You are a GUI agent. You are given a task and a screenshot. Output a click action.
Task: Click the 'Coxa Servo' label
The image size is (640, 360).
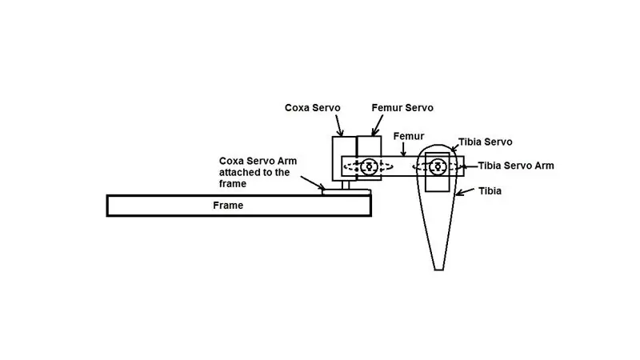(x=312, y=108)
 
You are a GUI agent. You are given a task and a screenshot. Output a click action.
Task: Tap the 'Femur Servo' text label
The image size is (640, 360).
(x=402, y=108)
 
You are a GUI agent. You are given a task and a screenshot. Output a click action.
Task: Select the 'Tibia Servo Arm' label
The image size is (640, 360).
(x=516, y=166)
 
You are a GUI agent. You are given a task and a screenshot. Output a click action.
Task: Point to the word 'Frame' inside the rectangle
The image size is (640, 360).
(x=228, y=206)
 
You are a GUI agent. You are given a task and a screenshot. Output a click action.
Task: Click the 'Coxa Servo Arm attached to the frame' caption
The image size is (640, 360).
(x=258, y=172)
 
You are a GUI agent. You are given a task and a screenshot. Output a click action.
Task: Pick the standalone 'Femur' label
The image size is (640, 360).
(x=409, y=136)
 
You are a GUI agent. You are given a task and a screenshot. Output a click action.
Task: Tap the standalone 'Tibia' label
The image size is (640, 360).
(x=490, y=191)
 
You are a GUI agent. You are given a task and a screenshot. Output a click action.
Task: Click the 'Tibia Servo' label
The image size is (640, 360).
(x=485, y=142)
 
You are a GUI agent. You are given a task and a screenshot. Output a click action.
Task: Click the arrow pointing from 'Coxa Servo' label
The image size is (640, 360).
(x=339, y=126)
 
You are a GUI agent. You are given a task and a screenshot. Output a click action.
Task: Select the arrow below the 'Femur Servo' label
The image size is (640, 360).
(x=377, y=125)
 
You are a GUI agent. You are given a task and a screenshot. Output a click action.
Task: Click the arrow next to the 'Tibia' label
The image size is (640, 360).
(x=465, y=192)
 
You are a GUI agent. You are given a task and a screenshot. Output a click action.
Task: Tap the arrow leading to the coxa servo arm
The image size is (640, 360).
(x=313, y=183)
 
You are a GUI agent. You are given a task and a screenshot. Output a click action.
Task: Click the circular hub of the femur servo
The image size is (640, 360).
(x=370, y=166)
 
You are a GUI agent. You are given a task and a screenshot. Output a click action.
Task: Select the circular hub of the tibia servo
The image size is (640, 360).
(x=438, y=166)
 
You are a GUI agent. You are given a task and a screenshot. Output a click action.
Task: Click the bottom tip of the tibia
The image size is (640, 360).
(x=439, y=270)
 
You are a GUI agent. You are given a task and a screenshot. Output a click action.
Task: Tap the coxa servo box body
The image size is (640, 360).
(x=344, y=158)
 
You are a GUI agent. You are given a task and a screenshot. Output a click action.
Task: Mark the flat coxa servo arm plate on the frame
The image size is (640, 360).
(x=346, y=192)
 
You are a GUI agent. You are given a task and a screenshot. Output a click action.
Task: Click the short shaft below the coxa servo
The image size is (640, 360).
(x=346, y=186)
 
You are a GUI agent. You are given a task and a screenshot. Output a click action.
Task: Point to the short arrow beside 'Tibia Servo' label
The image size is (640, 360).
(x=454, y=149)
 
